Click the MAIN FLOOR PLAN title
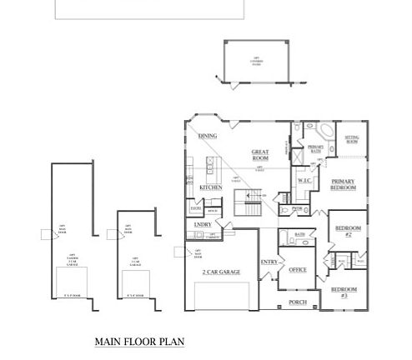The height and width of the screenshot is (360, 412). click(x=139, y=342)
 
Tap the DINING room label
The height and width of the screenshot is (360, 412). click(x=208, y=135)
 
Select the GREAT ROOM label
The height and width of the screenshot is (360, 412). click(x=260, y=155)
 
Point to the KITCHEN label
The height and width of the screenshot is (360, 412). click(x=210, y=189)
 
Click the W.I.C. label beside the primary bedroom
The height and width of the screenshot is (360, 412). click(x=304, y=181)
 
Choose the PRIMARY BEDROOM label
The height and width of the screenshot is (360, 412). click(x=344, y=185)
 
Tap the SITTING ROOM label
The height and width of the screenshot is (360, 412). click(x=351, y=140)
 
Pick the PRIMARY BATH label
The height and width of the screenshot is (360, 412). click(x=315, y=149)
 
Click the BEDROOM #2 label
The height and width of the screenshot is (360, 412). click(x=346, y=230)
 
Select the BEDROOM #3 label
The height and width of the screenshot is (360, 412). click(x=343, y=292)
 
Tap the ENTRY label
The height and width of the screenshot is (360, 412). click(x=269, y=262)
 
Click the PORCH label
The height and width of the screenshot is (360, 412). click(x=298, y=302)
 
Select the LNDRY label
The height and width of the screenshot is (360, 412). click(x=203, y=225)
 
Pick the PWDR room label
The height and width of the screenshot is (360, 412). click(x=296, y=208)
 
